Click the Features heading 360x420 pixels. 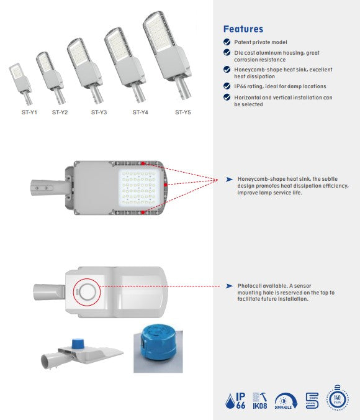[x=243, y=29]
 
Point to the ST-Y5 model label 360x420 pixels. [x=182, y=112]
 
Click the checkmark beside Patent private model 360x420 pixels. [x=227, y=42]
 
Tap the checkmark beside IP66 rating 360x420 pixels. [x=227, y=86]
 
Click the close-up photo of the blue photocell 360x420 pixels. [x=158, y=350]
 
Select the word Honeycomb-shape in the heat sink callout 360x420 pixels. [x=259, y=179]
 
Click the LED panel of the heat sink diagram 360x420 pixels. [x=139, y=188]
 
